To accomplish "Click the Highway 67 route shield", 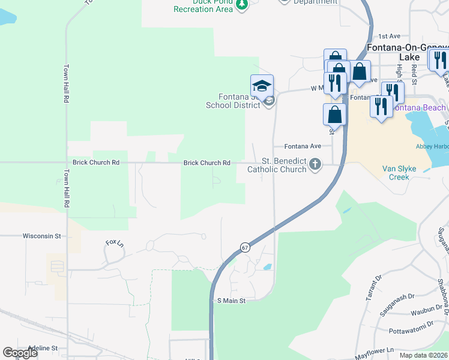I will [245, 247].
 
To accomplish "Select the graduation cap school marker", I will [262, 85].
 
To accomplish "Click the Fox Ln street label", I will [114, 243].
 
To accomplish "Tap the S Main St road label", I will [232, 301].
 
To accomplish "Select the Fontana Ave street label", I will [303, 146].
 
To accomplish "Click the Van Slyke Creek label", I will [403, 173].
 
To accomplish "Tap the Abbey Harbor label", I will [432, 146].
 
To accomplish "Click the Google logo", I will [20, 353].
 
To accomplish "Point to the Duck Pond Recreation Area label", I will [203, 6].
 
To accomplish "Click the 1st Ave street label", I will [389, 37].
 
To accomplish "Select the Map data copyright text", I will [424, 355].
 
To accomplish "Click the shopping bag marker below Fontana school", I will [334, 114].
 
